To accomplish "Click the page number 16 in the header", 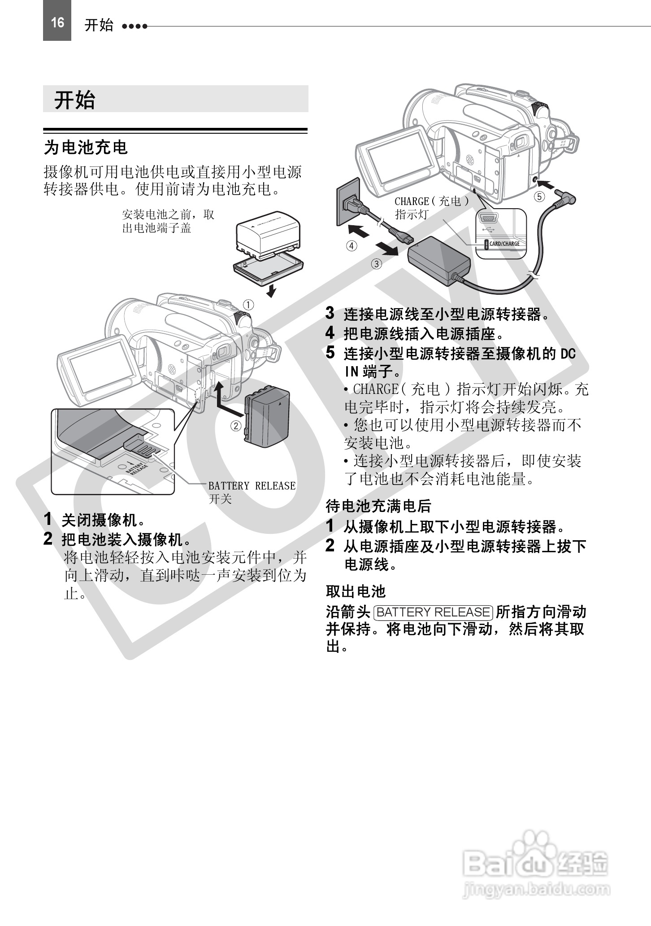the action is tap(57, 22).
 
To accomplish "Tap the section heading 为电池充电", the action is tap(86, 147).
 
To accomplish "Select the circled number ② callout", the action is tap(236, 426).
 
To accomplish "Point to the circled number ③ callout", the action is tap(377, 264).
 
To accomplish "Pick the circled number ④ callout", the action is tap(352, 245).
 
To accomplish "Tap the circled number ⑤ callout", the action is tap(539, 197).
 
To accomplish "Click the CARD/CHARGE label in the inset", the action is tap(504, 244).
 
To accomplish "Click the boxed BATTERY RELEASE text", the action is tap(434, 612).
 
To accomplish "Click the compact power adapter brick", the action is tap(438, 260).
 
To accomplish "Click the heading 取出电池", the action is tap(356, 591).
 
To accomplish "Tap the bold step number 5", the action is tap(330, 353).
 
